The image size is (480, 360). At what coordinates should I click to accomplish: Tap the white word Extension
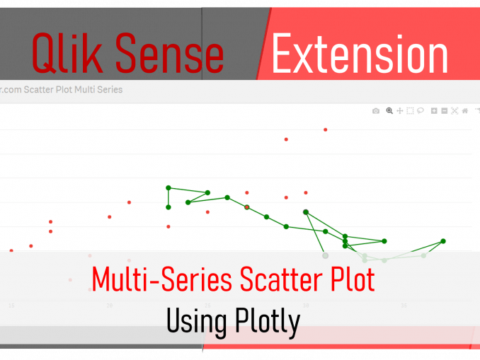point(360,54)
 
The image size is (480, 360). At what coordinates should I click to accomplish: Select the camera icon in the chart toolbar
point(376,111)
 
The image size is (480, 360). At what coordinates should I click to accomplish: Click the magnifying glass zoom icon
point(389,111)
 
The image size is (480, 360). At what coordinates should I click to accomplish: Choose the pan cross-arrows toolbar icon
point(400,111)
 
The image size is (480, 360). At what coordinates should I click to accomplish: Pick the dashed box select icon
point(410,111)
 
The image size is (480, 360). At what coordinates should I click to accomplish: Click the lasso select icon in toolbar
point(420,111)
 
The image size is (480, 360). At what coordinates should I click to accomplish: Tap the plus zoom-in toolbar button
point(434,111)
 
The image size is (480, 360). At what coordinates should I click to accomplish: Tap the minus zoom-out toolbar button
point(444,111)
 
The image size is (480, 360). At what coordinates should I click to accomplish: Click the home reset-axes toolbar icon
point(464,111)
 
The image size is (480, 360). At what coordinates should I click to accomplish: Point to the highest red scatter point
point(326,129)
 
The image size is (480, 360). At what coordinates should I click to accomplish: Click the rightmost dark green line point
point(443,241)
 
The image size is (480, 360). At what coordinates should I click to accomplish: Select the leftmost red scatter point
point(11,250)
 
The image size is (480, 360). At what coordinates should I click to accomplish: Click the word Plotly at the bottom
point(268,322)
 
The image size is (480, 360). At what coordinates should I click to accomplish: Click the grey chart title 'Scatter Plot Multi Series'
point(71,90)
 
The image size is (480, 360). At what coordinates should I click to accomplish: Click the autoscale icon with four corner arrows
point(455,111)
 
